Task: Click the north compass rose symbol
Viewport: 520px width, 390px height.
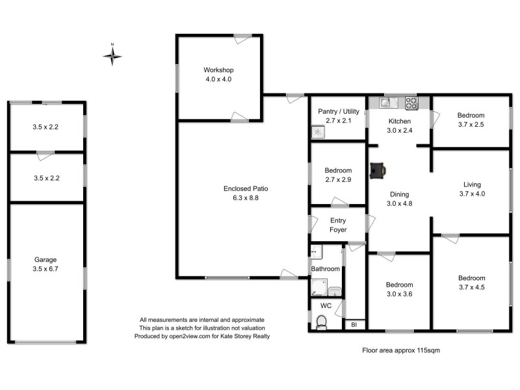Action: [112, 57]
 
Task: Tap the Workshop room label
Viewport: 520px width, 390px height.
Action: [218, 74]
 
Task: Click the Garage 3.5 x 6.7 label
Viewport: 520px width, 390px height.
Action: [46, 264]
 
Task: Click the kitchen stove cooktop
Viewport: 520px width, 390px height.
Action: [411, 101]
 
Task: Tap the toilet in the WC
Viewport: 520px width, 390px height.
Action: [320, 322]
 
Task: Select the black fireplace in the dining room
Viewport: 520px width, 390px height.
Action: [378, 170]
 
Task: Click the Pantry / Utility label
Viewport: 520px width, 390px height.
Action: [338, 116]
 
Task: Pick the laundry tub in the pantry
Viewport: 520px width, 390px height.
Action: [318, 132]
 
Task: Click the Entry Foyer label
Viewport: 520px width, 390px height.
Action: [338, 226]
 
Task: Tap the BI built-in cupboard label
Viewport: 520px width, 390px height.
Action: [354, 324]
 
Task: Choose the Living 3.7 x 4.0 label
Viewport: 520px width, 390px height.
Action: [472, 188]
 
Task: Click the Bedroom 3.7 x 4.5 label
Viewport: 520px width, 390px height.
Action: [472, 282]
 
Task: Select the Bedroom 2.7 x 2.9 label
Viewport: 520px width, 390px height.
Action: [338, 175]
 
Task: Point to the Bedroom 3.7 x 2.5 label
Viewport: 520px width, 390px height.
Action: [471, 120]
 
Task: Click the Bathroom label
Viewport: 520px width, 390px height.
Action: [325, 268]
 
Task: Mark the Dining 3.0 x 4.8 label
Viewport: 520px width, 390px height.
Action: [400, 198]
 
